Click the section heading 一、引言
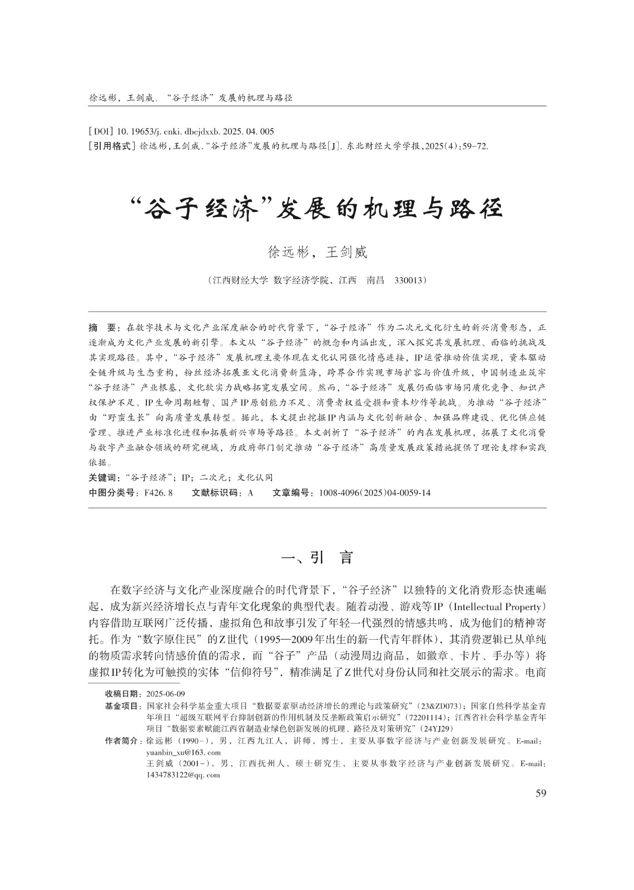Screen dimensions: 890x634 317,557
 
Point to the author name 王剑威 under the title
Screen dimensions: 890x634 346,253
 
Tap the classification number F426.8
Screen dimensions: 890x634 158,493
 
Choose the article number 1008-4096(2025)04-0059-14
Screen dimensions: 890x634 375,493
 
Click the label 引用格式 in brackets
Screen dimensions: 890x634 112,146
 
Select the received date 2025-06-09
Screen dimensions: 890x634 166,694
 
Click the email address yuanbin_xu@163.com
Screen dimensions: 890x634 184,753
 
